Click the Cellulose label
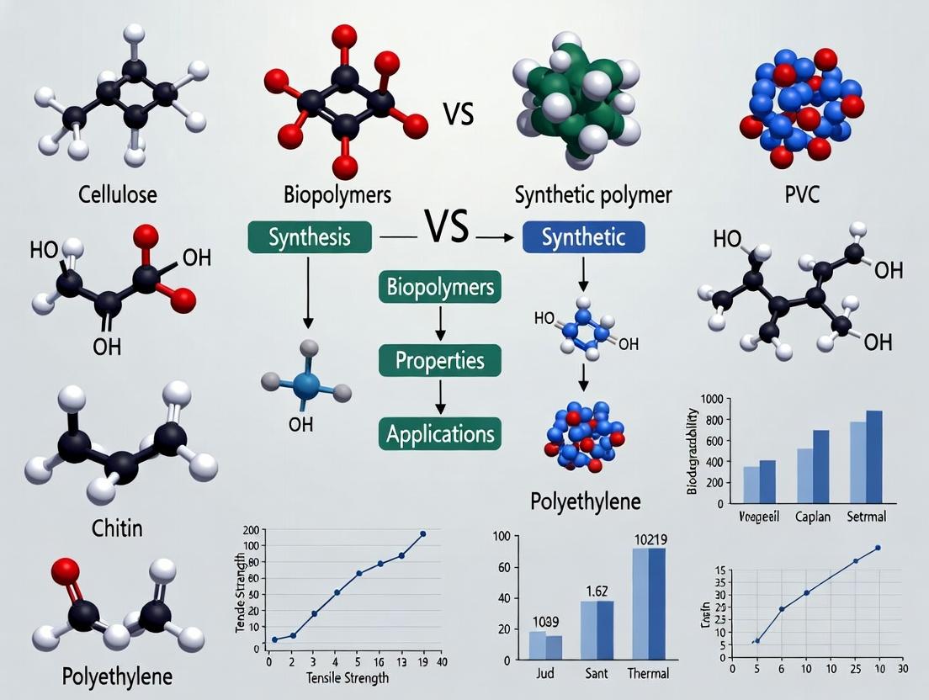[117, 196]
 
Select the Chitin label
[116, 528]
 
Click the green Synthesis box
[309, 237]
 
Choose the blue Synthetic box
[583, 237]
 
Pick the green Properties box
[439, 361]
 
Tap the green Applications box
[439, 434]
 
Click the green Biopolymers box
[439, 287]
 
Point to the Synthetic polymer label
[592, 196]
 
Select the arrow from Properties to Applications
[439, 396]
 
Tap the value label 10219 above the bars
[648, 540]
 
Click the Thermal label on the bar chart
[648, 673]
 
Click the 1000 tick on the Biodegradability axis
[712, 398]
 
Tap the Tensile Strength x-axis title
[348, 676]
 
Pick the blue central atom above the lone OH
[306, 386]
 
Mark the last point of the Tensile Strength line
[422, 533]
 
